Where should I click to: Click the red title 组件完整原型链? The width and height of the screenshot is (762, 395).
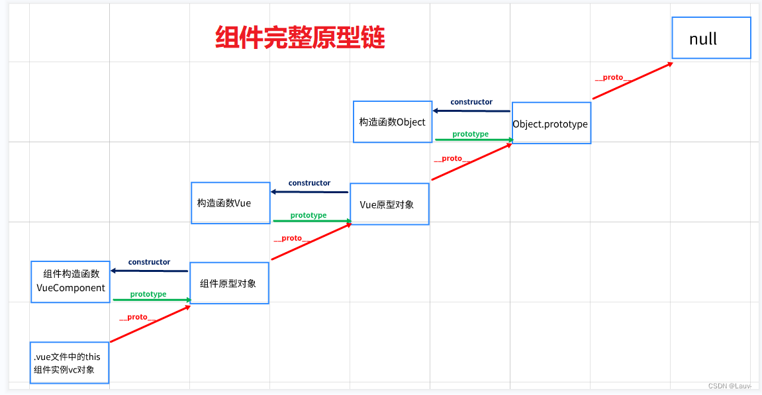(x=300, y=38)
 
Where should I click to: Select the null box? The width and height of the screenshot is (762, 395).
(x=711, y=38)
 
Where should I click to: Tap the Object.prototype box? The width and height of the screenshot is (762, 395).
(x=551, y=123)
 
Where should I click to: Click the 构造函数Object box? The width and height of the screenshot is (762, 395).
(x=392, y=122)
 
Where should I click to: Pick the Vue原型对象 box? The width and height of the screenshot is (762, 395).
(x=389, y=204)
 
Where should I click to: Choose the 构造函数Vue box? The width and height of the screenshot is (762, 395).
(x=230, y=203)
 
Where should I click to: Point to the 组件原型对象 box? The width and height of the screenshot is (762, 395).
(x=229, y=283)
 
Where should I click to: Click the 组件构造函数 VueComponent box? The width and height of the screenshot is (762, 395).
(x=70, y=281)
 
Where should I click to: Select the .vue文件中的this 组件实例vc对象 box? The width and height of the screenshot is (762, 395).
(x=69, y=363)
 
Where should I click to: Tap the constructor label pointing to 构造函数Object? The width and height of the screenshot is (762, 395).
(x=471, y=102)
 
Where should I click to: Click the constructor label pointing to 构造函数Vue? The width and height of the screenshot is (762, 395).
(x=309, y=183)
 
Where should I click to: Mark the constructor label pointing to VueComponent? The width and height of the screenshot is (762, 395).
(x=149, y=262)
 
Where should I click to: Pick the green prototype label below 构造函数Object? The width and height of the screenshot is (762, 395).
(x=470, y=134)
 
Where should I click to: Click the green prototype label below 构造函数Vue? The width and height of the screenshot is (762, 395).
(x=309, y=215)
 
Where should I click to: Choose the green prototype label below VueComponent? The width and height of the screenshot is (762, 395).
(x=148, y=294)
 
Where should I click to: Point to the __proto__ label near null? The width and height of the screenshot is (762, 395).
(x=613, y=77)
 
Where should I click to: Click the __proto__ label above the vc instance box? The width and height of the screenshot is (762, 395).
(x=137, y=318)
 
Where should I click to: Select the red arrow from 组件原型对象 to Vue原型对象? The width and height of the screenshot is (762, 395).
(x=311, y=242)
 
